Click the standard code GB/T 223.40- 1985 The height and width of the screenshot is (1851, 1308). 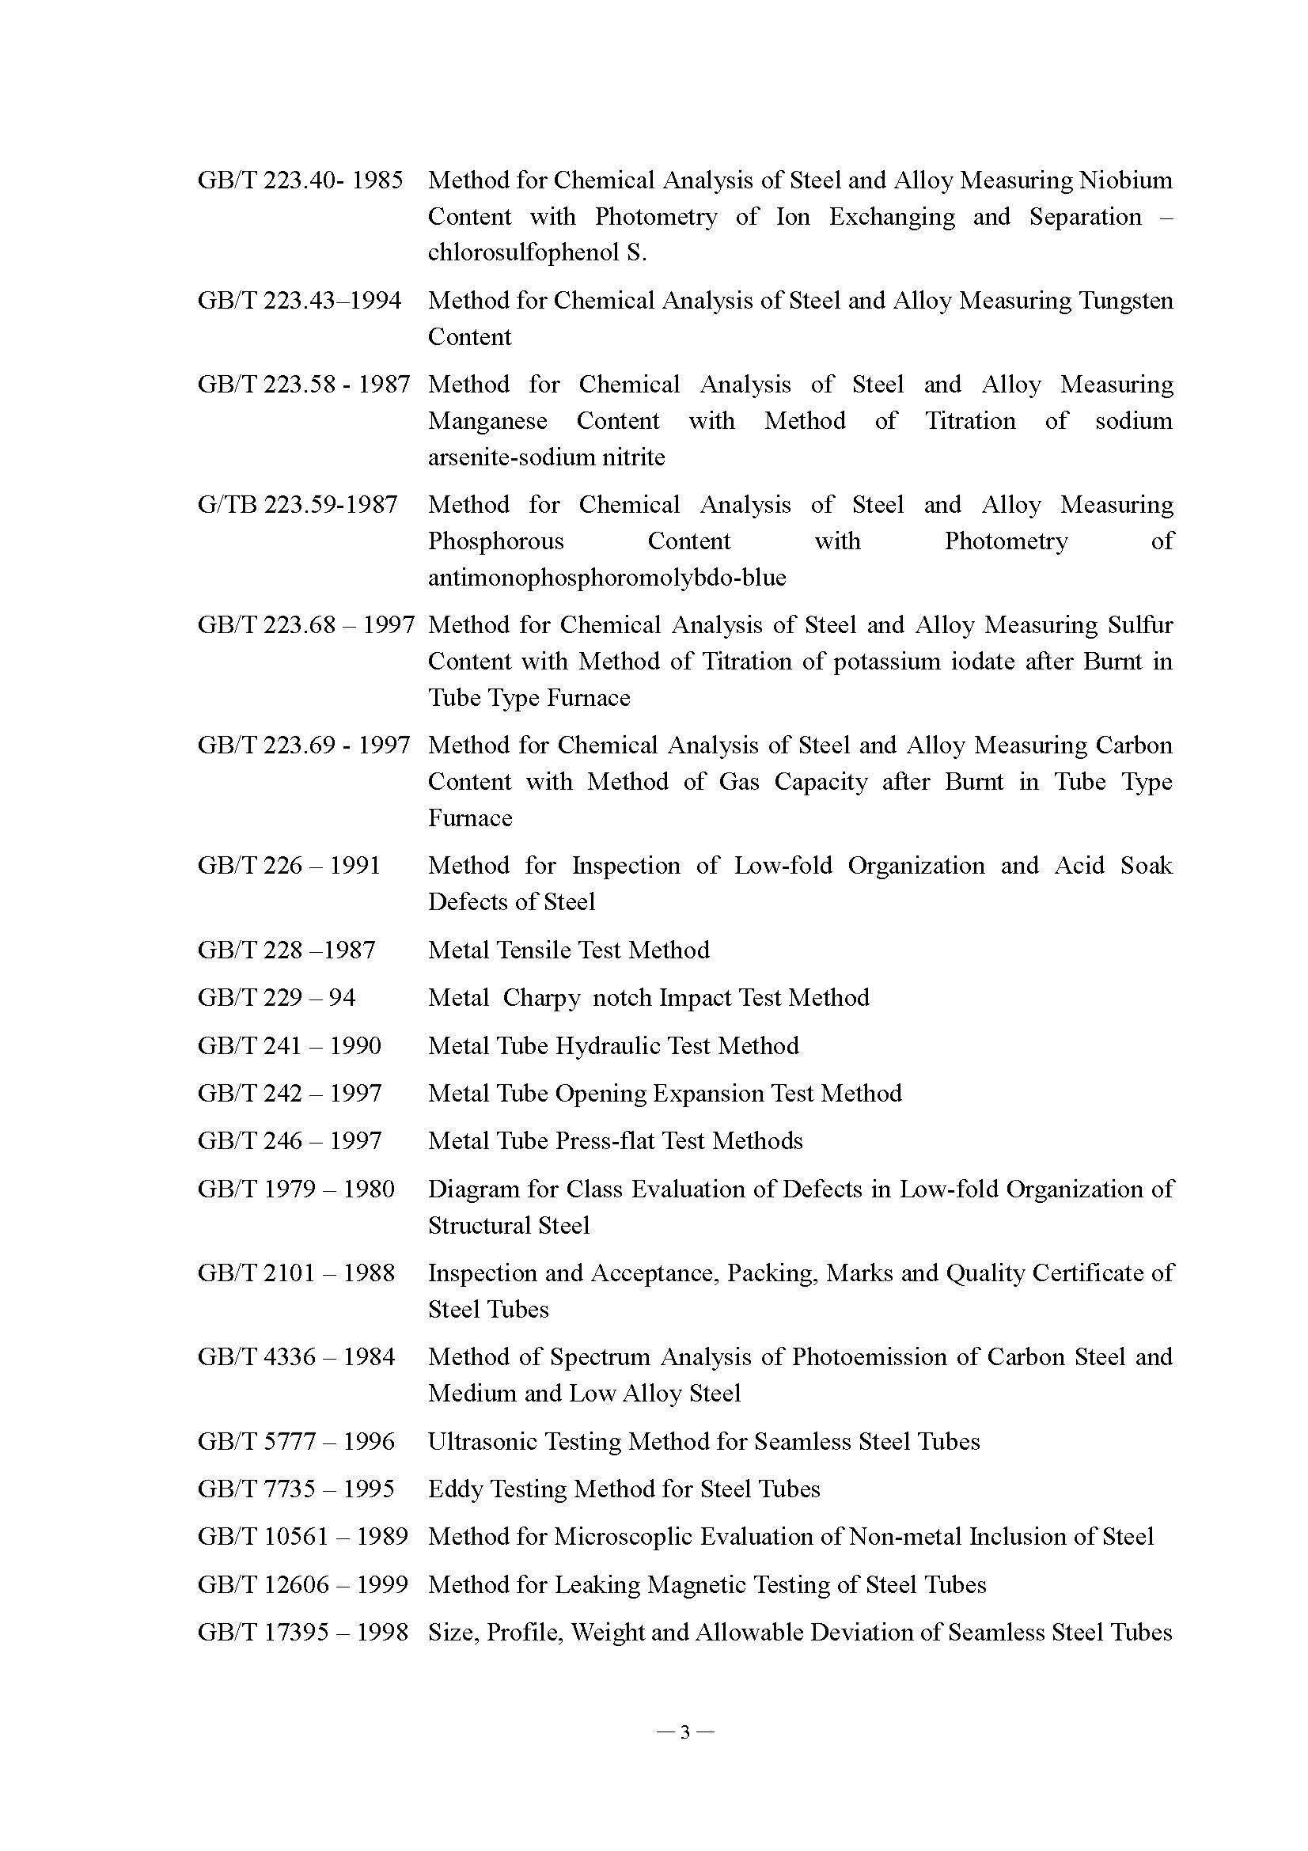[300, 180]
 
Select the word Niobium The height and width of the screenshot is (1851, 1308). [1125, 180]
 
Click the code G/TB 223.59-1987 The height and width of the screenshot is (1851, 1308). [298, 505]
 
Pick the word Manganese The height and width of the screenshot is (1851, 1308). [487, 421]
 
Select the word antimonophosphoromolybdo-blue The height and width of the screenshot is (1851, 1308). [607, 578]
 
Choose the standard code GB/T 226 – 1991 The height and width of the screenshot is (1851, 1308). [289, 866]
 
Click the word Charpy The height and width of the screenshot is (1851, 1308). [540, 998]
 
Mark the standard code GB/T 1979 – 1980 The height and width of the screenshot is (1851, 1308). [296, 1189]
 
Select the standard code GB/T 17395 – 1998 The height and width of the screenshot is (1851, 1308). [302, 1633]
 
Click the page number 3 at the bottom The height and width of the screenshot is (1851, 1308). [685, 1732]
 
